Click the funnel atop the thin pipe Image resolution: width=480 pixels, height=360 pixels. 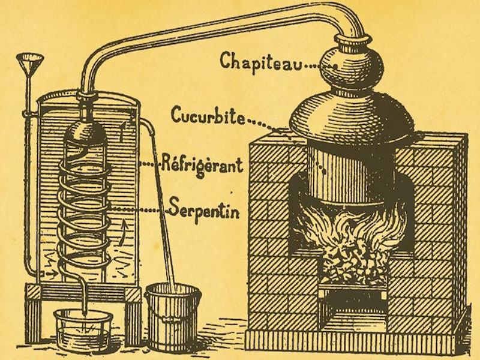[x=29, y=62]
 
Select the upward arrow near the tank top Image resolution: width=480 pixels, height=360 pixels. [x=123, y=131]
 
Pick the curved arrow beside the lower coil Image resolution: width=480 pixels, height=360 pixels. [x=123, y=233]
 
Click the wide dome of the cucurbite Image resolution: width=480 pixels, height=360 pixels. [x=352, y=118]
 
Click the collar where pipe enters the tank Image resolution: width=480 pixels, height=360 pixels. [x=86, y=96]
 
